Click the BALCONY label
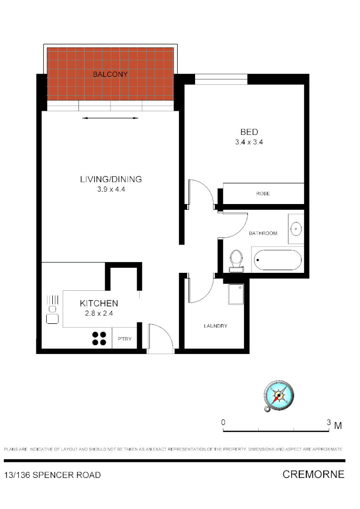pyautogui.click(x=110, y=74)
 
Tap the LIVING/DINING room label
pyautogui.click(x=111, y=179)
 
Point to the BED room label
pyautogui.click(x=249, y=132)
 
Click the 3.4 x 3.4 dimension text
pyautogui.click(x=249, y=142)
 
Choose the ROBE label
pyautogui.click(x=263, y=194)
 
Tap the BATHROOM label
pyautogui.click(x=263, y=233)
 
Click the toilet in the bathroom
pyautogui.click(x=236, y=261)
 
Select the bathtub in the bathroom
pyautogui.click(x=277, y=260)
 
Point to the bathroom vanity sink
pyautogui.click(x=296, y=229)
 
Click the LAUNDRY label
pyautogui.click(x=215, y=326)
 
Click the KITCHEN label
pyautogui.click(x=98, y=303)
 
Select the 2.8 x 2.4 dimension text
pyautogui.click(x=98, y=313)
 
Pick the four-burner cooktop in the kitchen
pyautogui.click(x=99, y=338)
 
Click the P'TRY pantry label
pyautogui.click(x=124, y=339)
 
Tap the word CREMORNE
pyautogui.click(x=313, y=474)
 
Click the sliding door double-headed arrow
pyautogui.click(x=111, y=118)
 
